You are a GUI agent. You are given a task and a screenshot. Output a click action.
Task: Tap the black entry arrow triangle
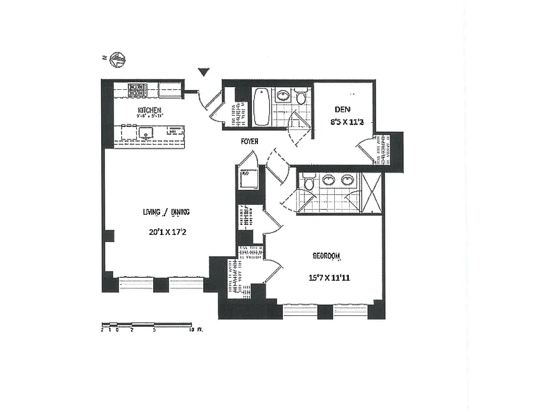coord(204,72)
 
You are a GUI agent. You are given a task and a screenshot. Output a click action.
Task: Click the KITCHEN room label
coord(149,110)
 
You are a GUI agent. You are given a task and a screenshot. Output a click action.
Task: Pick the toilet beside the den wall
coord(301,97)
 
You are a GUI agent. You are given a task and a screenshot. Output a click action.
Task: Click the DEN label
coord(343,109)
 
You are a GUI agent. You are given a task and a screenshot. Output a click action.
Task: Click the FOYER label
coord(249,141)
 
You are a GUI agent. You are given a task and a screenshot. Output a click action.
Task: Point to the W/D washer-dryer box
coord(247,179)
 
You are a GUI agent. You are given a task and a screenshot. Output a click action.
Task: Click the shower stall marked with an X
coord(371,193)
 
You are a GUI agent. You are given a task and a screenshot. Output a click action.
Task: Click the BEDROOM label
coord(327,256)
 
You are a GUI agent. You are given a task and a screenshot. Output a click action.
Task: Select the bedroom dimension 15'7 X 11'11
coord(329,278)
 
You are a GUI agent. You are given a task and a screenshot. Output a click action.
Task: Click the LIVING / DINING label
coord(166,212)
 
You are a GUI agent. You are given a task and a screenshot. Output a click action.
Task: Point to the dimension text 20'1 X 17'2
coord(167,232)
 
